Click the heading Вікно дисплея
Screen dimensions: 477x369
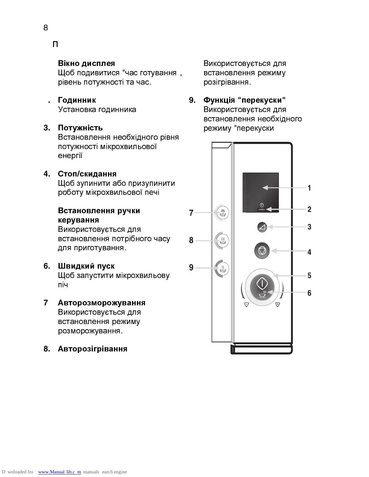coord(86,64)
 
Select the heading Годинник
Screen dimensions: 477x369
coord(77,100)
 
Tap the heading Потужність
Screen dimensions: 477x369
coord(80,128)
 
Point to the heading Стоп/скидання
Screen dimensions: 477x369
coord(87,174)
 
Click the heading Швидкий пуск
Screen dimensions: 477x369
coord(86,266)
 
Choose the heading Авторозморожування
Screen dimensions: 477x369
coord(102,303)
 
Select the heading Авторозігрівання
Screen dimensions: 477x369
coord(93,349)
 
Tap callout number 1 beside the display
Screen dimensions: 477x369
coord(309,188)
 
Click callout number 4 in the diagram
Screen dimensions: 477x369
coord(309,252)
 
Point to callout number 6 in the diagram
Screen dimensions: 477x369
coord(309,293)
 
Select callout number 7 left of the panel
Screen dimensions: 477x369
coord(191,213)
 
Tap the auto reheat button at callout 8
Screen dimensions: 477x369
coord(223,241)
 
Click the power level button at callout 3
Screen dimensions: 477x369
coord(262,227)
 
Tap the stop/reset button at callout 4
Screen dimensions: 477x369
coord(262,251)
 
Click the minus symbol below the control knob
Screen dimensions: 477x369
coord(247,304)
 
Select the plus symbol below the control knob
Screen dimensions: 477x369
coord(278,304)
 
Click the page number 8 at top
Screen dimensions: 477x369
coord(46,28)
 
